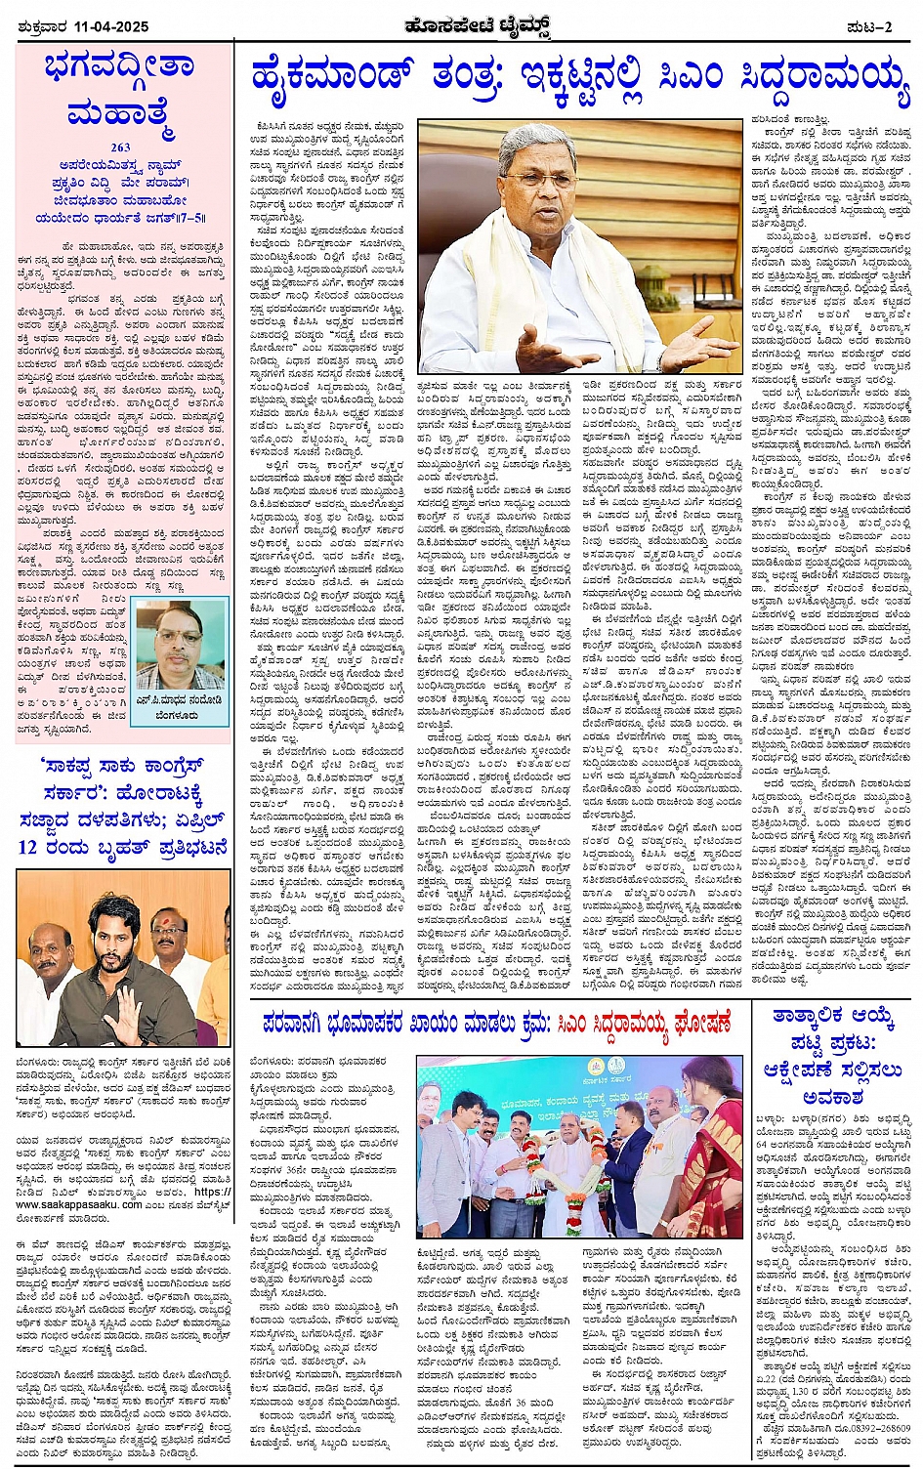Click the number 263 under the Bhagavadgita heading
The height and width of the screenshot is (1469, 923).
pyautogui.click(x=121, y=148)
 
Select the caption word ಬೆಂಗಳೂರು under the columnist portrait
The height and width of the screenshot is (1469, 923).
pyautogui.click(x=180, y=714)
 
